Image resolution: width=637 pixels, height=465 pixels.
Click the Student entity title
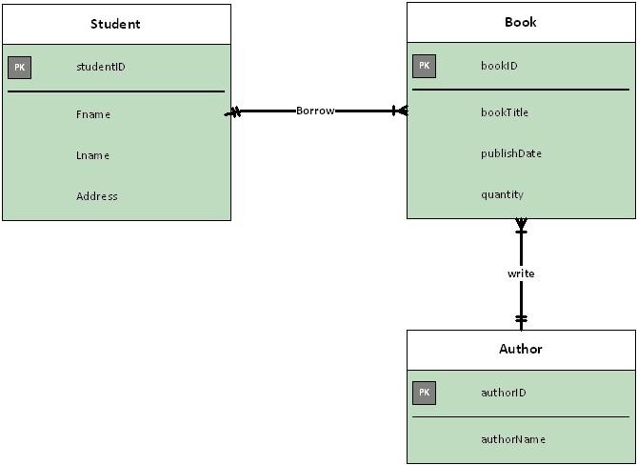coord(115,24)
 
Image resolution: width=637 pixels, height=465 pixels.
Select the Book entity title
coord(520,22)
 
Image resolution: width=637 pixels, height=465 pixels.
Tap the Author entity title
coord(520,349)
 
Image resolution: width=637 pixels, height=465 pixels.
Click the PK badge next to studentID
coord(19,68)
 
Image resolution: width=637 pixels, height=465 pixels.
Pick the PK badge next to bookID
coord(424,66)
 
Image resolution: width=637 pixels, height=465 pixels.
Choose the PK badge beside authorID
coord(424,393)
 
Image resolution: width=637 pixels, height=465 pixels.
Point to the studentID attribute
coord(100,68)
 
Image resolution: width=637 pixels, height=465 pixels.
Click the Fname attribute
coord(93,114)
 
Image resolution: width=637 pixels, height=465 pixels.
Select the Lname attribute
coord(92,155)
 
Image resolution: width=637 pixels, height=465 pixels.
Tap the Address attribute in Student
coord(96,196)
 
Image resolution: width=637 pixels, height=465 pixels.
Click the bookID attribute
coord(499,66)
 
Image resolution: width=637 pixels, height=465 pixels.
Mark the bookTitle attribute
coord(504,112)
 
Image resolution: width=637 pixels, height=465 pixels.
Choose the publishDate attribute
coord(510,153)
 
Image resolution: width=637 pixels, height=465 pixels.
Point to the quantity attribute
coord(502,194)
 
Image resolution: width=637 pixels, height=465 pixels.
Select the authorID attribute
coord(503,393)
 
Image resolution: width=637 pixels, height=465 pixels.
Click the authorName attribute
coord(512,439)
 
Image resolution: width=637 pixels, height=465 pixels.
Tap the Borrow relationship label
coord(315,111)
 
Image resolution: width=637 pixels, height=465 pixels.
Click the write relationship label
coord(521,273)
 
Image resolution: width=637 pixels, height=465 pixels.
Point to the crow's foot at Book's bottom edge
coord(521,226)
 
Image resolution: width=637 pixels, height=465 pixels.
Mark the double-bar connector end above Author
coord(521,318)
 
